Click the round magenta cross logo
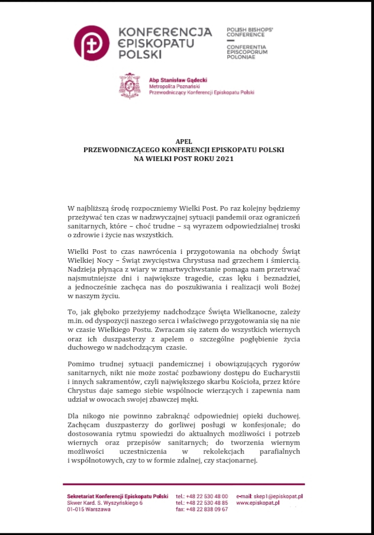[x=91, y=43]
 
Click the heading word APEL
[x=184, y=141]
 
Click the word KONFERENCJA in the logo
[x=165, y=31]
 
